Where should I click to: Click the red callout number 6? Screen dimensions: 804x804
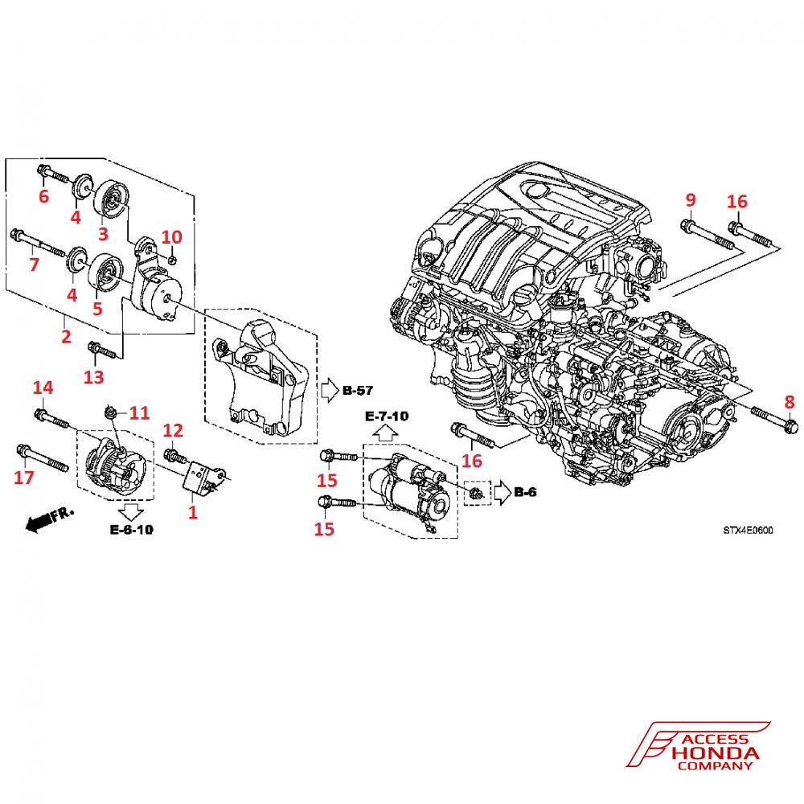click(x=43, y=195)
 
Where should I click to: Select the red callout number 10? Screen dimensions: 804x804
click(x=172, y=237)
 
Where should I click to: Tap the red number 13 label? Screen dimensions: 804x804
click(x=94, y=377)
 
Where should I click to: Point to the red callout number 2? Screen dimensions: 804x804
click(x=66, y=336)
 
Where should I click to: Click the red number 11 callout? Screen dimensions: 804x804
click(x=139, y=413)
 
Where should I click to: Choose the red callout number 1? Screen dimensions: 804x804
click(x=191, y=511)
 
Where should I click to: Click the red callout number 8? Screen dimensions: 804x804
click(x=789, y=401)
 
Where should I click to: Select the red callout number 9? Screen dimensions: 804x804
click(x=689, y=199)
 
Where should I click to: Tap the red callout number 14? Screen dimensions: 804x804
click(x=43, y=388)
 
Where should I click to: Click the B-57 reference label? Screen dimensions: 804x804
click(x=358, y=392)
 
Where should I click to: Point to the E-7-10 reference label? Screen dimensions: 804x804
click(x=387, y=416)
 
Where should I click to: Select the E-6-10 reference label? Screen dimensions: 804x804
click(x=131, y=530)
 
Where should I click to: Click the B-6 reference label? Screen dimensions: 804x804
click(x=525, y=492)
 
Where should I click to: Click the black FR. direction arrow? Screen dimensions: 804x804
click(x=45, y=519)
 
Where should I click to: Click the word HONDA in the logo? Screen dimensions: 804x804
click(x=716, y=753)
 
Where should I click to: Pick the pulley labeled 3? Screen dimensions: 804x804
click(x=111, y=199)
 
